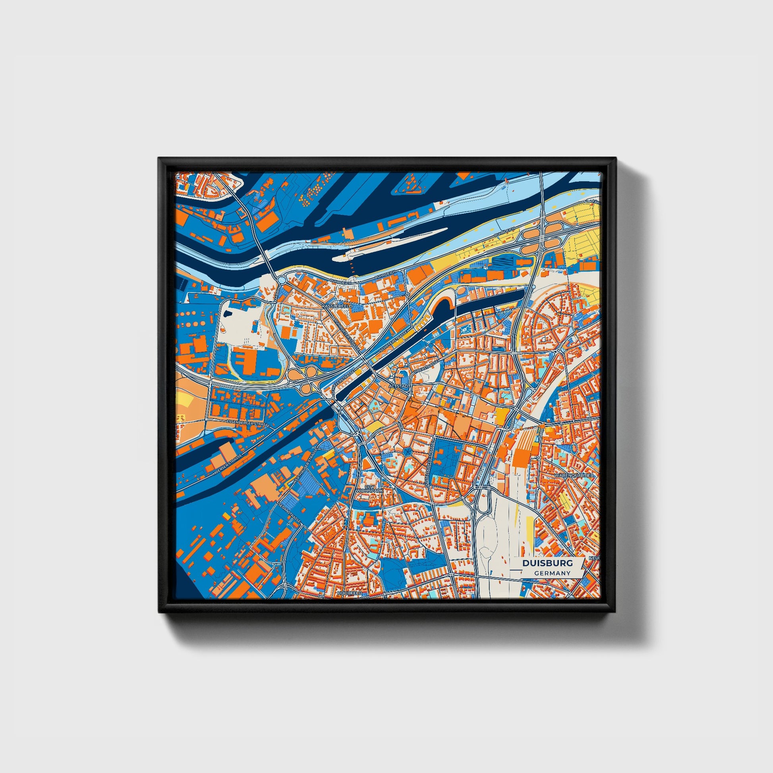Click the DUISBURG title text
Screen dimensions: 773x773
tap(547, 563)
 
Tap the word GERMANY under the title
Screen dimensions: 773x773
tap(552, 573)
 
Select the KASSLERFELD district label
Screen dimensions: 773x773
tap(337, 306)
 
